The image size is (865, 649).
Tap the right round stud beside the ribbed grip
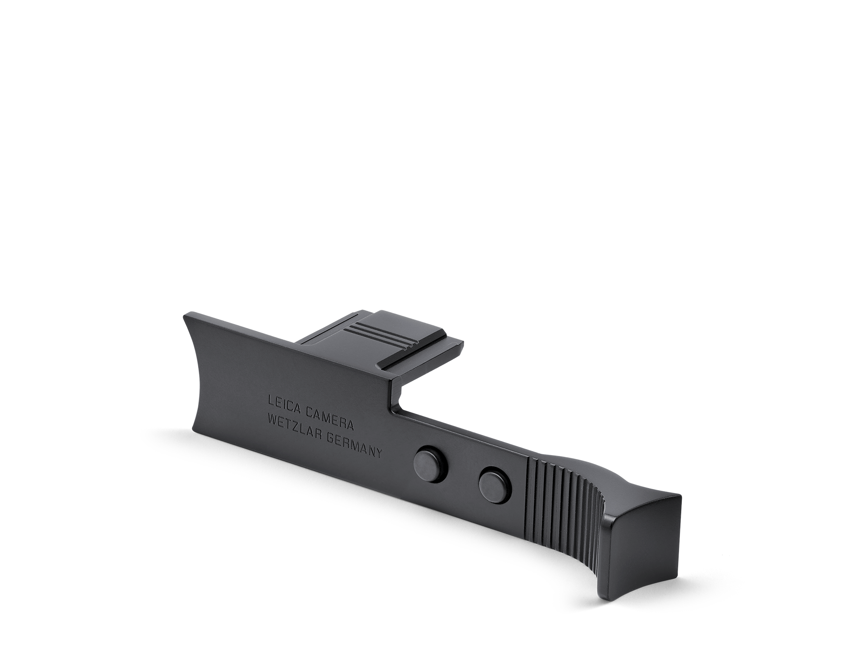(495, 486)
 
